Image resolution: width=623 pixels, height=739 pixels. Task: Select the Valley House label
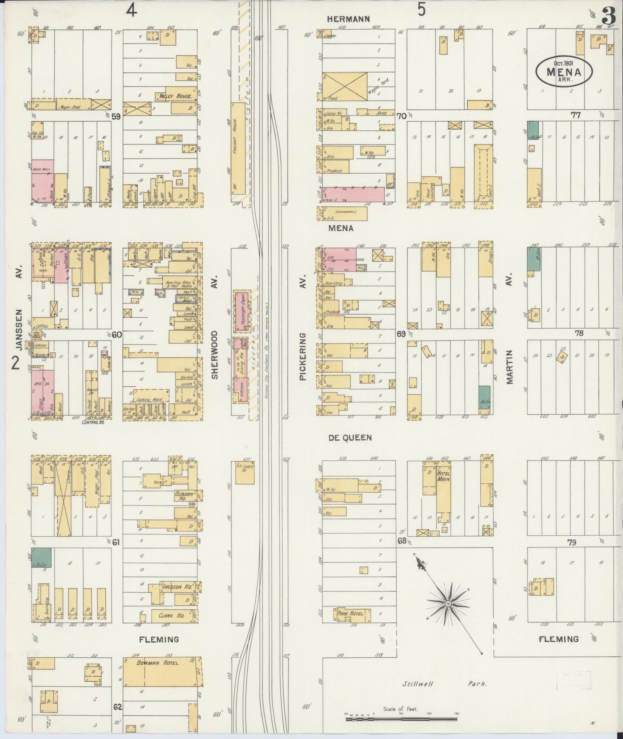click(175, 96)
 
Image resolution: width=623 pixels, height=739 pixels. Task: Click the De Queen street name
click(350, 438)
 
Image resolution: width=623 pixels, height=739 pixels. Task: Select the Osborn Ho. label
click(182, 497)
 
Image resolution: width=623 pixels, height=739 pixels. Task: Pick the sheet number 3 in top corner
click(609, 16)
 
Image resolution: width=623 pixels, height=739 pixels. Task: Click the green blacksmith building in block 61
click(42, 558)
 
